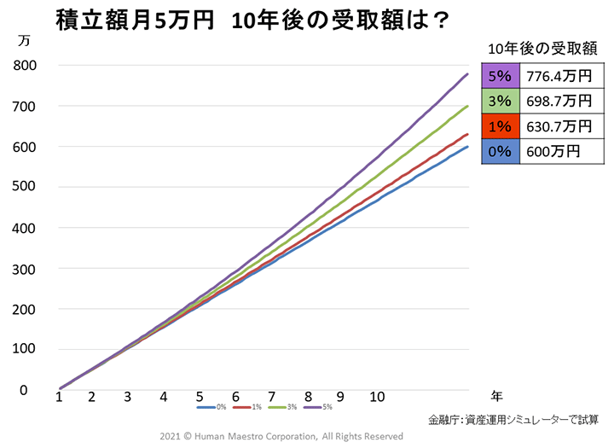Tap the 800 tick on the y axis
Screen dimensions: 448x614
(24, 66)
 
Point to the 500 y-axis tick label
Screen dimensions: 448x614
(24, 188)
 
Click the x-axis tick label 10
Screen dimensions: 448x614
(377, 397)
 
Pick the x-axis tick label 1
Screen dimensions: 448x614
(59, 397)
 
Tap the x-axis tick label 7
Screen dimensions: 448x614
(270, 397)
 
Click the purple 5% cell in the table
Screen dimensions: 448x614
(500, 76)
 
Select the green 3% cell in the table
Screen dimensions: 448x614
(500, 101)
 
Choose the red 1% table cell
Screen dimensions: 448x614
(500, 125)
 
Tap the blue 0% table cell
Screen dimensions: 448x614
(500, 150)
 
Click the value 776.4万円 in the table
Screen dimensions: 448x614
(559, 76)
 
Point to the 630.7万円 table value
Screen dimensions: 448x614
(559, 125)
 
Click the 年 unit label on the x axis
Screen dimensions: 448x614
(497, 395)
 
